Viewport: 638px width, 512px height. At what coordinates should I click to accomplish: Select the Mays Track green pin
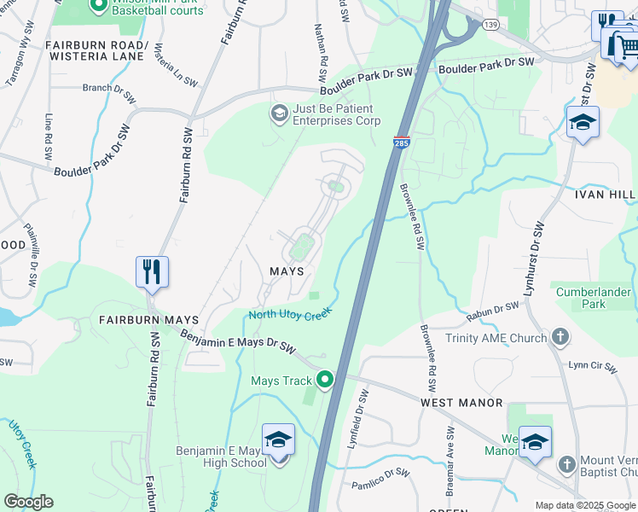[324, 379]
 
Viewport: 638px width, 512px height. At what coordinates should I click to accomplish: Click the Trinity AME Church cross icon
[560, 338]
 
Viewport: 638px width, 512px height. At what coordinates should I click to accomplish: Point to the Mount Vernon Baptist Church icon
[566, 464]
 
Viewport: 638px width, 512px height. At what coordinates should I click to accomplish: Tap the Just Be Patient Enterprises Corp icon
[279, 113]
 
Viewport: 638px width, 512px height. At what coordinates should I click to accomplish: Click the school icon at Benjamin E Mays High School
[278, 441]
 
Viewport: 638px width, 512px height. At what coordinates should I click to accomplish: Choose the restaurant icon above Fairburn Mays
[152, 272]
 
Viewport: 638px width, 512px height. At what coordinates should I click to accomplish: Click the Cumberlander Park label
[593, 298]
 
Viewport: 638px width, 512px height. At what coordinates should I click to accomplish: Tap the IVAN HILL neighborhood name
[605, 195]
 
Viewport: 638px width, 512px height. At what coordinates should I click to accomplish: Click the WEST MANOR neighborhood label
[461, 402]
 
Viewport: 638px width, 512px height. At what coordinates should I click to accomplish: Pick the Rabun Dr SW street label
[492, 313]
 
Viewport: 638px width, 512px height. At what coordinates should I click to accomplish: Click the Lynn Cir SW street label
[592, 365]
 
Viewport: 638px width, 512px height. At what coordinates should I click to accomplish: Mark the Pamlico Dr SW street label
[380, 480]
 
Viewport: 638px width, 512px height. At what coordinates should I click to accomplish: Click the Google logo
[28, 502]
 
